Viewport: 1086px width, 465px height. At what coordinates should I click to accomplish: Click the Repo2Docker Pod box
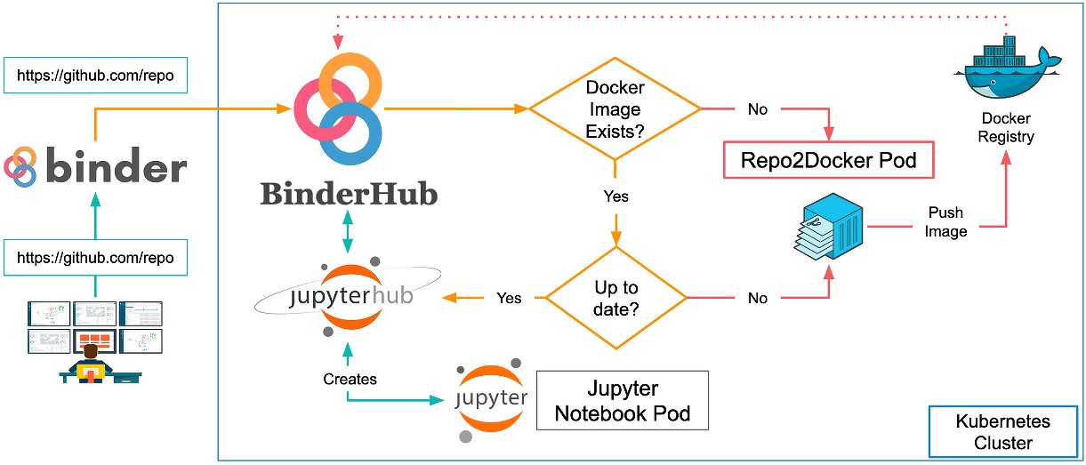tap(830, 160)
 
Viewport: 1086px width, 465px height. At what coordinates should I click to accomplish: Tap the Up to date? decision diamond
tap(615, 299)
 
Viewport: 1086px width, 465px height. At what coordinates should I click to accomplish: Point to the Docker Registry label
tap(1006, 127)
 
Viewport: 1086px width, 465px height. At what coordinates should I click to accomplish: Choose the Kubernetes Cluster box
tap(1002, 432)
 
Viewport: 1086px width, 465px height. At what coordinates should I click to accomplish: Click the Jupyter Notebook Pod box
tap(623, 401)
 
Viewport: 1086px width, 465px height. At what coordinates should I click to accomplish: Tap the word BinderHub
tap(349, 194)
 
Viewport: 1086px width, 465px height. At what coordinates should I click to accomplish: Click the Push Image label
tap(946, 223)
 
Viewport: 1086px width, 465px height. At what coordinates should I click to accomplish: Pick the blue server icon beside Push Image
tap(830, 228)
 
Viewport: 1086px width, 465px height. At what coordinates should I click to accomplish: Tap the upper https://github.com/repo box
tap(95, 76)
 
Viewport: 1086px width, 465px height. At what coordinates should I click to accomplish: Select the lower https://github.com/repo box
tap(95, 258)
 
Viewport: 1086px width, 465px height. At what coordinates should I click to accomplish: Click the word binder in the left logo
tap(116, 166)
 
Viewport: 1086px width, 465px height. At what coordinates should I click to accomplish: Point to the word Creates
tap(350, 379)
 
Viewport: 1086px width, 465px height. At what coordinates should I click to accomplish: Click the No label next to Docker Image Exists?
tap(758, 110)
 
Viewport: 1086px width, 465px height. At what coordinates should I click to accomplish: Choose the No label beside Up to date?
tap(758, 299)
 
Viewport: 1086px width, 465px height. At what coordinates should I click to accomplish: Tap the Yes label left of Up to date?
tap(509, 299)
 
